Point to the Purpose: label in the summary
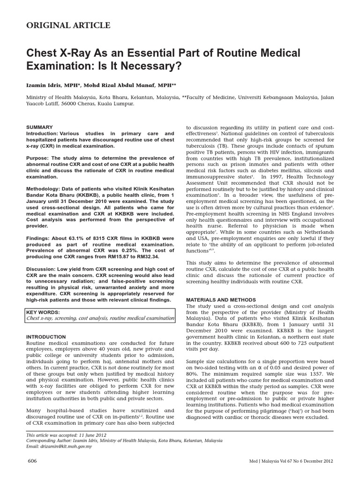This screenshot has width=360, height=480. coord(39,158)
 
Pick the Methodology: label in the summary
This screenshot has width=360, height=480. coord(46,188)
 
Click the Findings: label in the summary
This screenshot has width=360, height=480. coord(40,238)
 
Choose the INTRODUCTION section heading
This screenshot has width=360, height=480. coord(46,337)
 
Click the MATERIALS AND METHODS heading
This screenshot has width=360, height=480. coord(221,299)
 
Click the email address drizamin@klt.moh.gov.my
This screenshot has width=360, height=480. coord(67,446)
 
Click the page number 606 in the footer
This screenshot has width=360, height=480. coord(32,461)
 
